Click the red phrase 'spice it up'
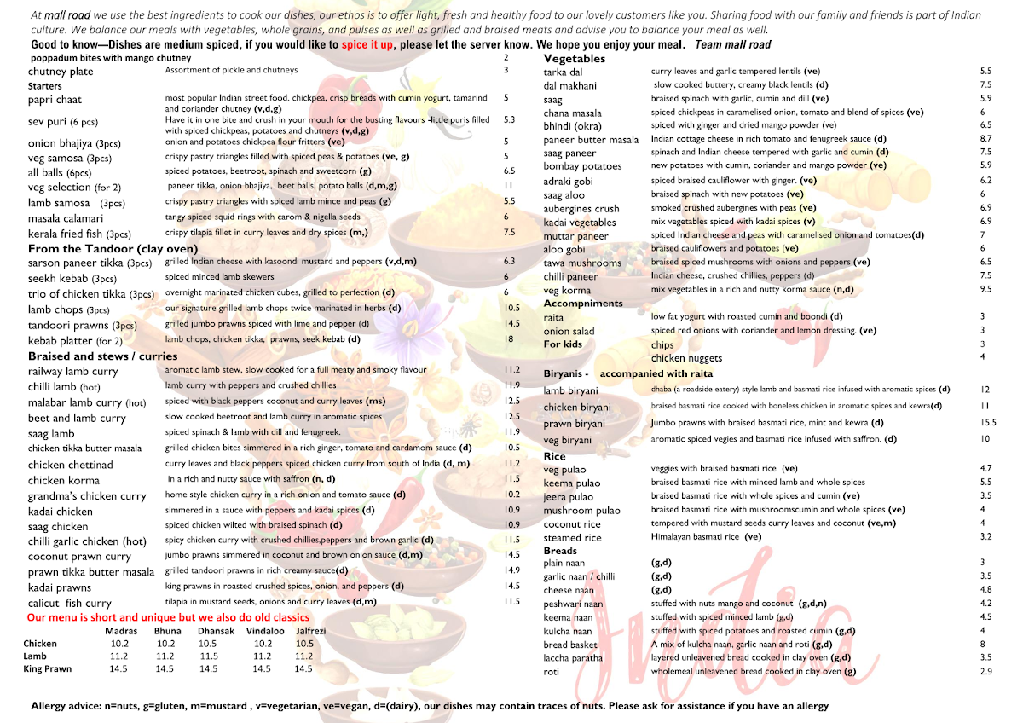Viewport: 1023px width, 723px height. click(x=367, y=45)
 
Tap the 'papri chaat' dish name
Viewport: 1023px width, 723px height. click(x=54, y=100)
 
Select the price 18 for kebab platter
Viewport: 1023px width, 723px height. click(x=509, y=339)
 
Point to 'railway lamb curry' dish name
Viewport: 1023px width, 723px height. click(x=72, y=372)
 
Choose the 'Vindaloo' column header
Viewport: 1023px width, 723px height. click(x=265, y=631)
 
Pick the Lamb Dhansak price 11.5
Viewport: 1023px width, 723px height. click(x=208, y=656)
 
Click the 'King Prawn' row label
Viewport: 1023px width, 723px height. click(x=48, y=669)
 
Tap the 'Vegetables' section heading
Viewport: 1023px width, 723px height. click(x=575, y=59)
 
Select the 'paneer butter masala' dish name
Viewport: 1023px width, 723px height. click(x=591, y=140)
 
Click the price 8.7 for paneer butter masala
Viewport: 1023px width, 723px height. click(x=986, y=139)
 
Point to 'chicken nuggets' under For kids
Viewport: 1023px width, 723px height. click(x=686, y=358)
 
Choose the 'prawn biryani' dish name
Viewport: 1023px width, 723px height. click(x=574, y=424)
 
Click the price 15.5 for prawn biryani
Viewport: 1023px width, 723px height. click(x=988, y=423)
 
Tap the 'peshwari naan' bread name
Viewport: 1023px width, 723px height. click(x=573, y=604)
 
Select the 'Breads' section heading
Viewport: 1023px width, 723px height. click(x=560, y=551)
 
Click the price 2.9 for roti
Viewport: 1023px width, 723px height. click(x=986, y=672)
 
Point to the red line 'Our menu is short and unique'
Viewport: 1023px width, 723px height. click(x=168, y=617)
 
